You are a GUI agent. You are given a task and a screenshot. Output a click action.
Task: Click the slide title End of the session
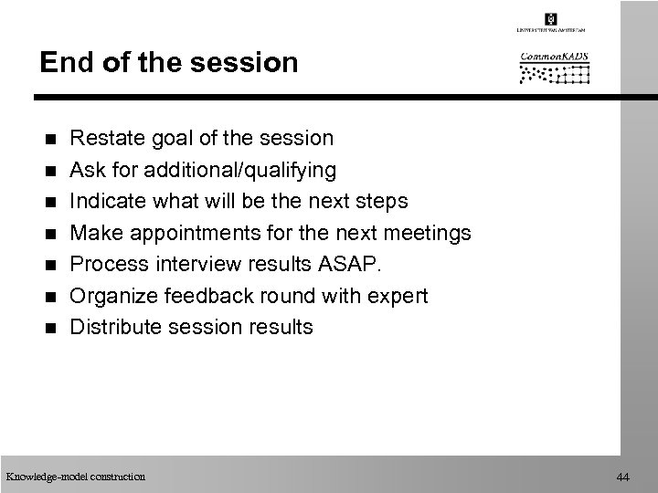point(169,63)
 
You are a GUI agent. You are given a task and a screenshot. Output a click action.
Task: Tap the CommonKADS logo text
point(555,58)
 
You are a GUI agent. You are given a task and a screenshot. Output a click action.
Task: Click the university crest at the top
point(550,19)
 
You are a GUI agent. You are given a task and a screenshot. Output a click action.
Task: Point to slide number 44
point(623,477)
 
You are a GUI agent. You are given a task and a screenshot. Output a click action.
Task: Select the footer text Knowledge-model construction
point(75,477)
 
